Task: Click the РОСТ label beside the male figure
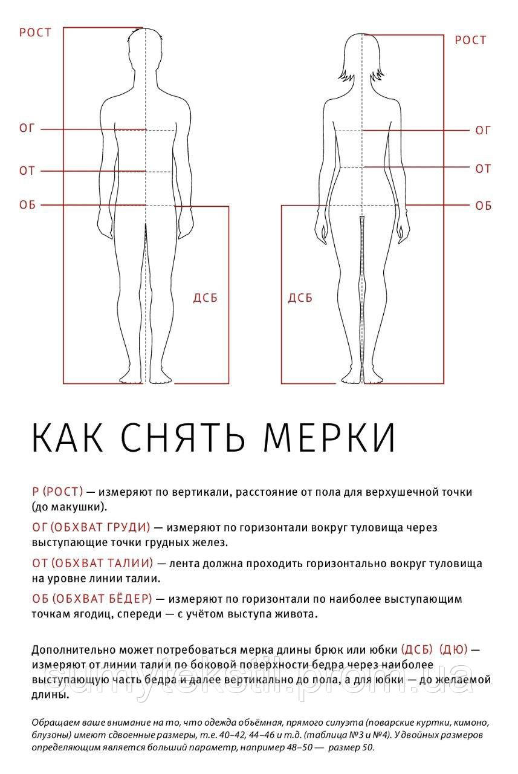click(x=36, y=32)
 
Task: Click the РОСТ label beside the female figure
click(x=470, y=41)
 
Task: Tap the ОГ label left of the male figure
click(x=28, y=128)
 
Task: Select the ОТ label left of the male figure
click(x=28, y=171)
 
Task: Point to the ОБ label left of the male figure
click(x=28, y=205)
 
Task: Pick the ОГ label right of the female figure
click(x=483, y=130)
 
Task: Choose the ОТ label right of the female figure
click(x=483, y=169)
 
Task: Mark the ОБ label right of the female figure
click(x=483, y=206)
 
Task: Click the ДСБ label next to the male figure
click(x=205, y=298)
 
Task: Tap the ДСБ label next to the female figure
click(x=300, y=298)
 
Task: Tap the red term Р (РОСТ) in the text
click(x=58, y=492)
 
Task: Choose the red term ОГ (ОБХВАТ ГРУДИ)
click(x=91, y=527)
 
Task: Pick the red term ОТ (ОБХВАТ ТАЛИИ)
click(x=92, y=564)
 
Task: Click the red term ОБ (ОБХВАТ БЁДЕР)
click(x=91, y=599)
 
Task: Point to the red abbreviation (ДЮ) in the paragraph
click(x=453, y=649)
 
